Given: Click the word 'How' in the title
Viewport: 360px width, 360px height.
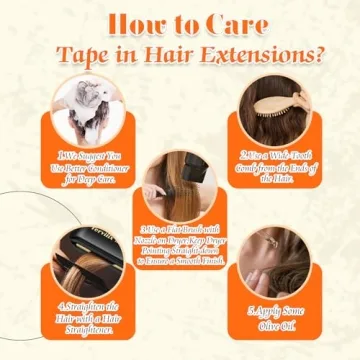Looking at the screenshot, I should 132,23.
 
